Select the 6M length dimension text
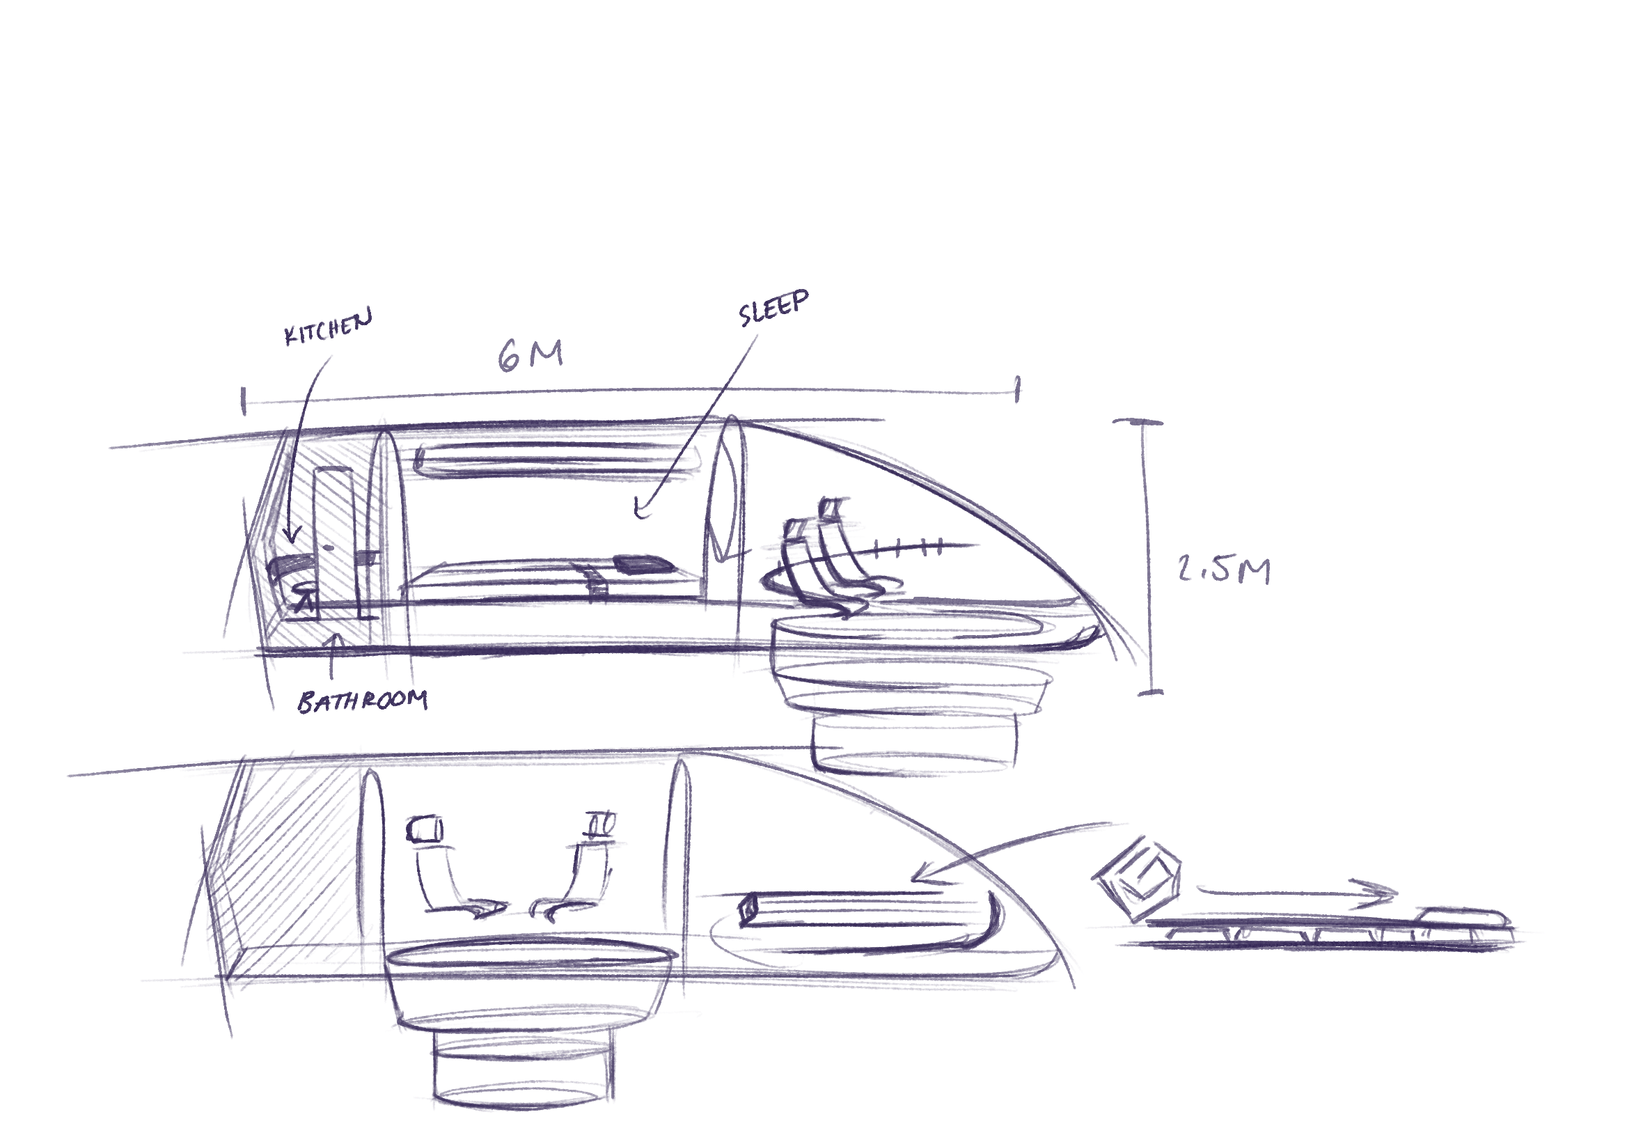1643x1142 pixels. pyautogui.click(x=530, y=355)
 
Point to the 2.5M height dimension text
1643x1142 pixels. pyautogui.click(x=1223, y=570)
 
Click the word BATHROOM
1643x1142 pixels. pyautogui.click(x=363, y=701)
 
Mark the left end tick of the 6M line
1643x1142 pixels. pyautogui.click(x=244, y=401)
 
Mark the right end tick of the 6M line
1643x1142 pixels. pyautogui.click(x=1018, y=390)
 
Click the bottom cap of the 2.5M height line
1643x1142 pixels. pyautogui.click(x=1151, y=693)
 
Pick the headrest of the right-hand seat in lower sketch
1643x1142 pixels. pyautogui.click(x=602, y=824)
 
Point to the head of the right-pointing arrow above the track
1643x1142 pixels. pyautogui.click(x=1384, y=892)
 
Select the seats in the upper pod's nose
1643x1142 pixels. pyautogui.click(x=823, y=551)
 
